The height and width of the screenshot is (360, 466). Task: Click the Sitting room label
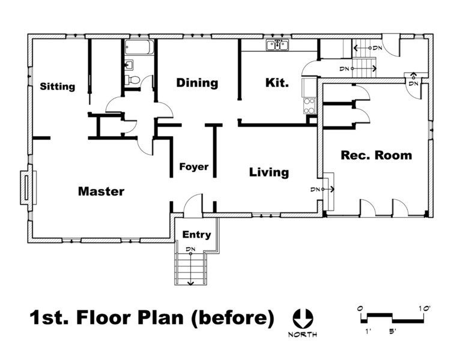coord(58,87)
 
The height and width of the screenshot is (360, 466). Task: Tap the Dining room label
coord(198,83)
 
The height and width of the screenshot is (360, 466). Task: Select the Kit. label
coord(277,83)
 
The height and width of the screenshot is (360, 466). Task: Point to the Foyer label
coord(194,167)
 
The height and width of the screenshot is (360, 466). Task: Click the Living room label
coord(269,173)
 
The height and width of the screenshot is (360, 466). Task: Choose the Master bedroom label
coord(101,191)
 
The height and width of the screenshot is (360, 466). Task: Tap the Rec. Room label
coord(377,155)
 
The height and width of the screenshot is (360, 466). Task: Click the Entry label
coord(196,235)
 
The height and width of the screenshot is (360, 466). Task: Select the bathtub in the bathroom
coord(139,47)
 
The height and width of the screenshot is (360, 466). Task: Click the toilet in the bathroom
coord(132,80)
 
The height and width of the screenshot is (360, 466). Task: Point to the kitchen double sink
coord(277,45)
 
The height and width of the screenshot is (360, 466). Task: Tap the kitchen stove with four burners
coord(309,106)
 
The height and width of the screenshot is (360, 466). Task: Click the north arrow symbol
coord(303,319)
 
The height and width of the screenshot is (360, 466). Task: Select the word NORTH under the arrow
coord(303,335)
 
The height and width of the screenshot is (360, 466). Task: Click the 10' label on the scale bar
coord(424,308)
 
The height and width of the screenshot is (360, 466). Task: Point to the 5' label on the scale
coord(393,331)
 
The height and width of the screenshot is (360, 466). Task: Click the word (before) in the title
coord(232,318)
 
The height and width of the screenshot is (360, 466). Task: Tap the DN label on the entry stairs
coord(190,249)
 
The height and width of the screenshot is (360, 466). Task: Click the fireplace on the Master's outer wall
coord(28,188)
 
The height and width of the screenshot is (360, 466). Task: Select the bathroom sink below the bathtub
coord(130,64)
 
